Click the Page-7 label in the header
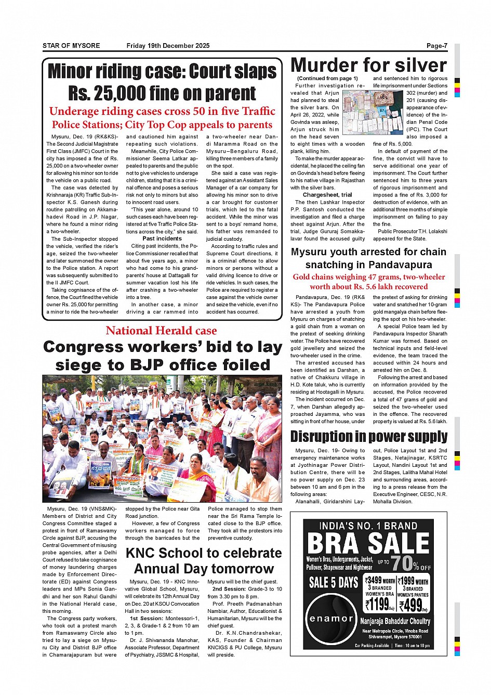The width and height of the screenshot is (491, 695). coord(436,46)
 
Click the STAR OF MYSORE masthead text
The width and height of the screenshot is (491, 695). coord(71,46)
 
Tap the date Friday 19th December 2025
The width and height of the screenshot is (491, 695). coord(168,46)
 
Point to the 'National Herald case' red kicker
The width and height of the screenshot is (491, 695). coord(161,331)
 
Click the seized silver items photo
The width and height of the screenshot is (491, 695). coord(373,113)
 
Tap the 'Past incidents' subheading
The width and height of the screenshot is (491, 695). coord(162,239)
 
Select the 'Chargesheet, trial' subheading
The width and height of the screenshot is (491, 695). coord(327,195)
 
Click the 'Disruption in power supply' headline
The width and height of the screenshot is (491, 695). coord(369,437)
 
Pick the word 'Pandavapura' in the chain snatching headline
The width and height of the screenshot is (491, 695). coord(400,265)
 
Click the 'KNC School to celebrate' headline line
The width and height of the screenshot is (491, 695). coord(204,553)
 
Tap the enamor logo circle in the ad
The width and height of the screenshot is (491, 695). coord(331,619)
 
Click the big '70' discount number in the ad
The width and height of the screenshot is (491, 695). coord(401,563)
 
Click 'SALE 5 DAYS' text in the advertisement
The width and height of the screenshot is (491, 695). coord(333,582)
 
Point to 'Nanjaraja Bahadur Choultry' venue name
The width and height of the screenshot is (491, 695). coord(395,621)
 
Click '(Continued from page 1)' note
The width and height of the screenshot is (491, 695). coord(327,78)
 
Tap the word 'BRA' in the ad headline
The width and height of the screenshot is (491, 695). coord(333,544)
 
